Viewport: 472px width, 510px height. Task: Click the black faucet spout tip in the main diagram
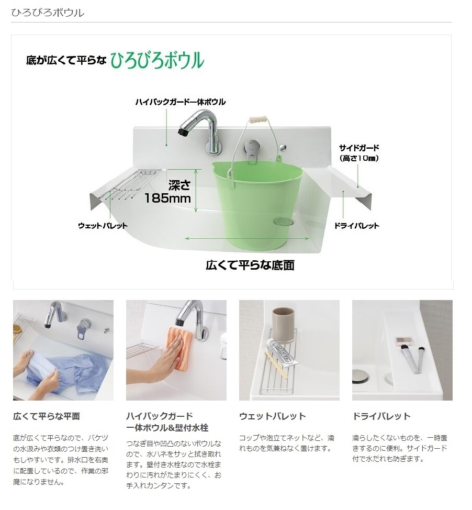(182, 132)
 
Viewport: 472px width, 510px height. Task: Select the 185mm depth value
(168, 198)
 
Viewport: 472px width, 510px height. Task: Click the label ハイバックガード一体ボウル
(181, 102)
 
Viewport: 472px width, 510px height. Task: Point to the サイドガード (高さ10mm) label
(359, 153)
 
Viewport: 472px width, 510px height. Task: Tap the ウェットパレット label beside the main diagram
(103, 226)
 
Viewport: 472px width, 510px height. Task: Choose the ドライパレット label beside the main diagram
(357, 226)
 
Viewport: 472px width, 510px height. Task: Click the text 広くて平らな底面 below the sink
(250, 265)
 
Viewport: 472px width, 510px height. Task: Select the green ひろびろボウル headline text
(158, 61)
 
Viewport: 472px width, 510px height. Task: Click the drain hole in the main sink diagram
(284, 222)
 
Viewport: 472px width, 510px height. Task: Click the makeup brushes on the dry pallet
(412, 359)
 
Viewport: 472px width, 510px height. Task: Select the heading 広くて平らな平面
(47, 416)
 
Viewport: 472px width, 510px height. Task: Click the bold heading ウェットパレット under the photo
(273, 416)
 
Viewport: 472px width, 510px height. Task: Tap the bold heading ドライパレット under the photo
(381, 416)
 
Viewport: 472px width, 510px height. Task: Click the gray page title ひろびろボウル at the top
(48, 13)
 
